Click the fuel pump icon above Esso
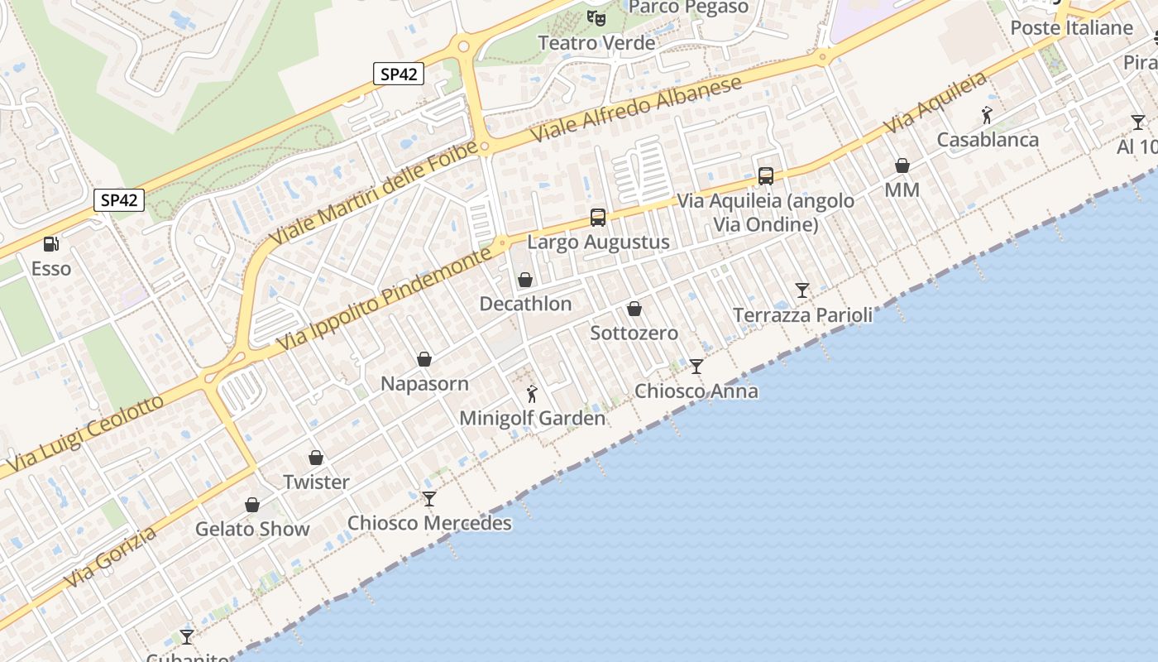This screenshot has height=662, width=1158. (x=51, y=244)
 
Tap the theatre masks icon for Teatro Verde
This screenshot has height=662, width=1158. (x=596, y=17)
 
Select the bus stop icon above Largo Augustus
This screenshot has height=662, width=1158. (x=597, y=218)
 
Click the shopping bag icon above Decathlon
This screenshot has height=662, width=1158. (x=524, y=280)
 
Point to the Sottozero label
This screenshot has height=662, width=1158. (x=634, y=333)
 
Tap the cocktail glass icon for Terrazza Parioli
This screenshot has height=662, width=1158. (x=802, y=290)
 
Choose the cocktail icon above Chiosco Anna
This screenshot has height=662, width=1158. (x=696, y=366)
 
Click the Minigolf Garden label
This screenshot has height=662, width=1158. (x=532, y=419)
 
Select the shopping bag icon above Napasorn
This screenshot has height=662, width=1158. (x=424, y=359)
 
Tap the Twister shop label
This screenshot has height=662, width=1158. (x=316, y=482)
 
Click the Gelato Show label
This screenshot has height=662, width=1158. (x=252, y=530)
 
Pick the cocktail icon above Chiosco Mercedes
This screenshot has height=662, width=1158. (x=428, y=498)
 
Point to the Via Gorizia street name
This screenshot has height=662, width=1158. (x=111, y=558)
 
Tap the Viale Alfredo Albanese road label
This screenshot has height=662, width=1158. (x=637, y=111)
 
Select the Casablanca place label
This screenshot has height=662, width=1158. (x=987, y=140)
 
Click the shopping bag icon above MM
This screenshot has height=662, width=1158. (x=902, y=166)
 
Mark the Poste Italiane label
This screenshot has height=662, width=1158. (x=1071, y=28)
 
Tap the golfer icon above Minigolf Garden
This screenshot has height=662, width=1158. (x=532, y=394)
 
